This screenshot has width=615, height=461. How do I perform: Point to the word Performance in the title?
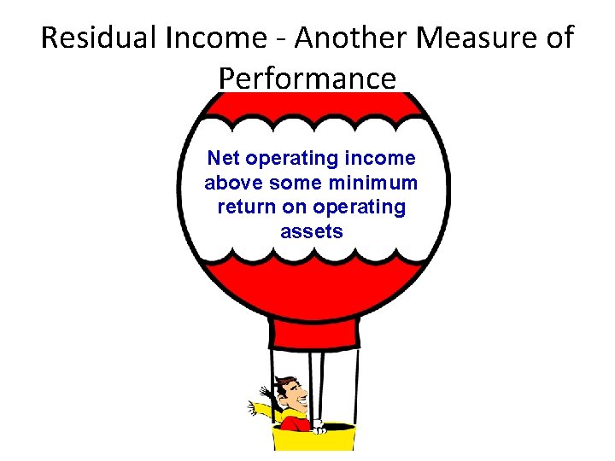coord(307,78)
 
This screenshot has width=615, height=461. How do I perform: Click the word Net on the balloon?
coord(225,158)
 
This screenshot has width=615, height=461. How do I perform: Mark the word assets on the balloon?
coord(311,231)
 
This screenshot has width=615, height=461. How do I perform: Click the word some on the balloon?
coord(294,183)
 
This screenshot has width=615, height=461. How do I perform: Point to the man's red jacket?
coord(295,423)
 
